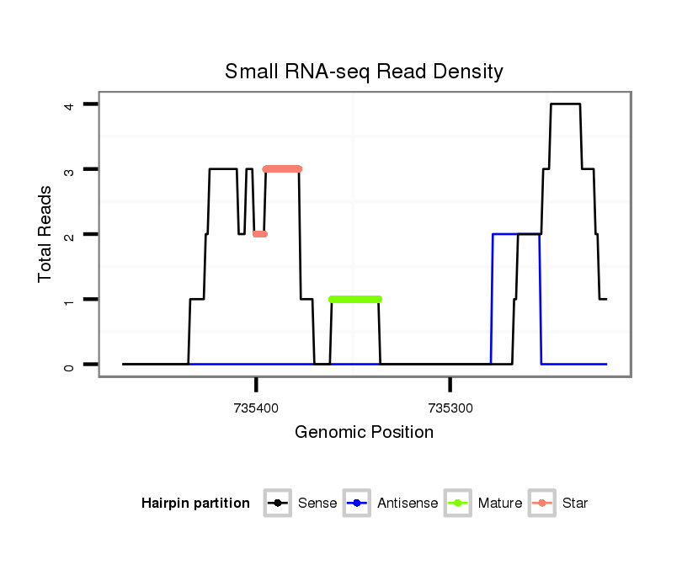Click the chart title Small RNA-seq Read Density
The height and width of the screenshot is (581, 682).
click(x=364, y=72)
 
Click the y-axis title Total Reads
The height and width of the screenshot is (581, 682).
click(x=45, y=234)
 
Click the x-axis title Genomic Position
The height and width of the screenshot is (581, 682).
click(x=364, y=433)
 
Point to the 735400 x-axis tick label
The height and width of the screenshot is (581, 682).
click(x=255, y=408)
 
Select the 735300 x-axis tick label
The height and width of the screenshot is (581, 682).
click(x=450, y=408)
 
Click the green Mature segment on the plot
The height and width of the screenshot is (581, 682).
click(x=355, y=299)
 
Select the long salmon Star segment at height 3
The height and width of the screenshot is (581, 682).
click(x=282, y=168)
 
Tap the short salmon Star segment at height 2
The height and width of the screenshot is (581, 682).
click(x=259, y=234)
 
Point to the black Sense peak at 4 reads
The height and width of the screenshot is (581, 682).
click(x=565, y=104)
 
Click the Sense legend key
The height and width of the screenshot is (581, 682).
click(x=278, y=504)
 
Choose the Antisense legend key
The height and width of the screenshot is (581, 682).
click(x=358, y=504)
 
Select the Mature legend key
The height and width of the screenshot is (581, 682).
click(x=458, y=504)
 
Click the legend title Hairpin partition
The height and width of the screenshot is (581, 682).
click(x=195, y=504)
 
